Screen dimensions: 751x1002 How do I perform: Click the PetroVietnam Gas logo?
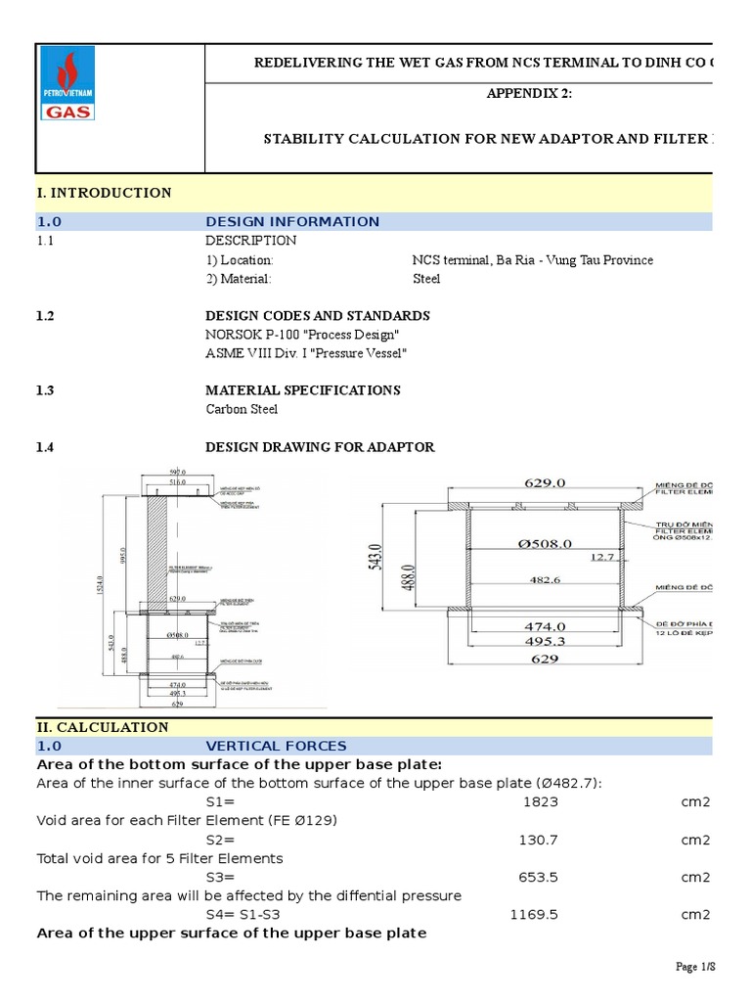point(67,85)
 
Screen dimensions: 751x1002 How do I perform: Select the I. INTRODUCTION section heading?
point(104,193)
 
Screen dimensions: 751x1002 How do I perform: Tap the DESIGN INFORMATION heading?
point(292,222)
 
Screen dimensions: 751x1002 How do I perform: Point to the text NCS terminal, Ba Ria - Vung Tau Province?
point(533,260)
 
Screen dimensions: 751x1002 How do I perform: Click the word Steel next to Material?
point(427,279)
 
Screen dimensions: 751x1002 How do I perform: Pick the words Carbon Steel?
point(242,409)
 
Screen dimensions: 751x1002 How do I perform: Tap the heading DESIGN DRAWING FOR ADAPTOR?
point(320,447)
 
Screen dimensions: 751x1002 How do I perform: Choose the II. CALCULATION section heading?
point(103,727)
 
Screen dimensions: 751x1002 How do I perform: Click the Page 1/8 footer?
point(696,967)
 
